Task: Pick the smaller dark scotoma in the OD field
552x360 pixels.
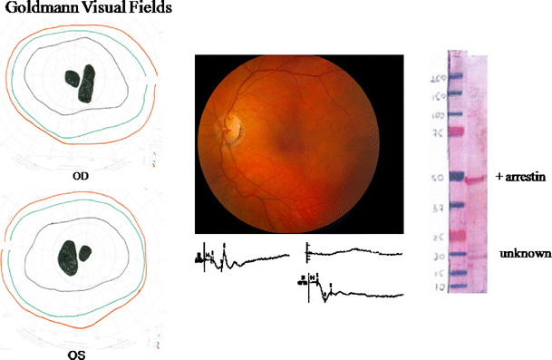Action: tap(72, 78)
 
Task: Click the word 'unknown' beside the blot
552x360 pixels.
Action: tap(523, 256)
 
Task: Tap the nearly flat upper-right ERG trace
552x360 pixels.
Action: tap(353, 252)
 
